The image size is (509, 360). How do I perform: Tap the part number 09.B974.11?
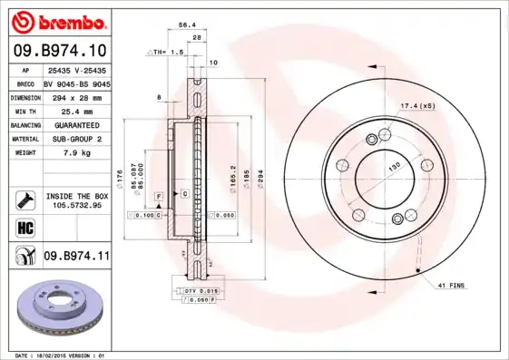click(x=75, y=258)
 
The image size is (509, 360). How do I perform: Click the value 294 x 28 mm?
click(x=75, y=95)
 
